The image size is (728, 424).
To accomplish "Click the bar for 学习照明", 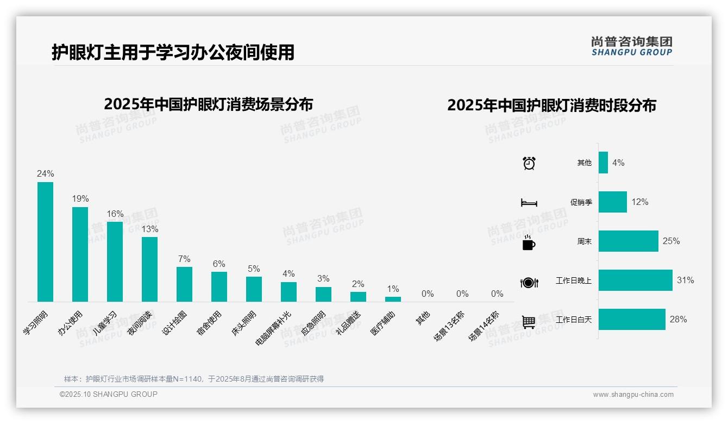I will click(45, 242).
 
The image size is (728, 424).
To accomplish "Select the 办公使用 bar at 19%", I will click(80, 254).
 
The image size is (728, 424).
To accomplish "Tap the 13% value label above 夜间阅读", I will click(150, 229).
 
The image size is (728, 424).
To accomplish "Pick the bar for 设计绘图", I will click(184, 284).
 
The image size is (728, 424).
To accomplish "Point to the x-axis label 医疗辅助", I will click(383, 323).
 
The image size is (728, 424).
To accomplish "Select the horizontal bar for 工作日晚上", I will click(635, 280).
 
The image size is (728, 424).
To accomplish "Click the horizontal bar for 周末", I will click(628, 241).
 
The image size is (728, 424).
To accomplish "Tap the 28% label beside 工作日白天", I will click(678, 320).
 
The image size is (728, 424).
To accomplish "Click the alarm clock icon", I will click(529, 163).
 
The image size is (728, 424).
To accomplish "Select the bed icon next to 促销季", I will click(529, 203).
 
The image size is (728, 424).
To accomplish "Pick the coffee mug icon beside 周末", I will click(529, 243).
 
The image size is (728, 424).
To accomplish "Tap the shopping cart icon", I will click(529, 322).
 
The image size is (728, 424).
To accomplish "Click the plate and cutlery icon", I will click(529, 283).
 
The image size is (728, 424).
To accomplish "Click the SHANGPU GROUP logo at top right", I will click(631, 46).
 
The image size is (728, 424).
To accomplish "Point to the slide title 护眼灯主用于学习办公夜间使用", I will click(173, 53).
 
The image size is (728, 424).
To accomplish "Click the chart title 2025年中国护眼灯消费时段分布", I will click(551, 105).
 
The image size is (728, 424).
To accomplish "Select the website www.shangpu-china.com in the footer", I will click(633, 395).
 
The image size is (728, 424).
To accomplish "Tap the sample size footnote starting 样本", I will click(193, 379).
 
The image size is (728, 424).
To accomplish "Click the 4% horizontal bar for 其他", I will click(603, 163).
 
